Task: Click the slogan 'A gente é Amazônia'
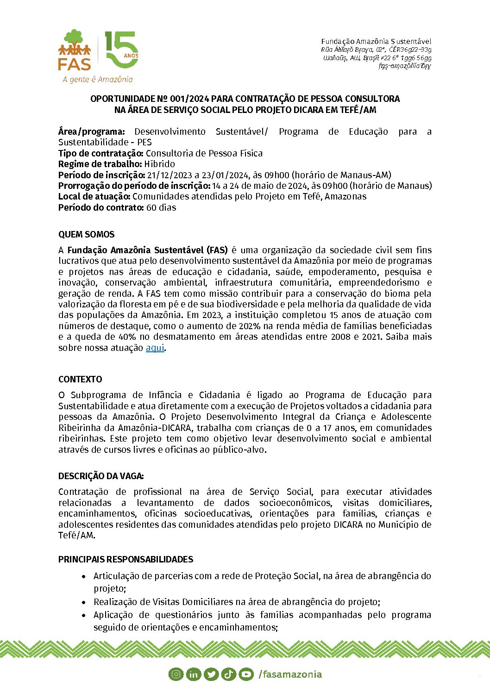click(x=98, y=79)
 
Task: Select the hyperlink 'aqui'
click(x=155, y=348)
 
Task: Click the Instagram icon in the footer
click(x=176, y=674)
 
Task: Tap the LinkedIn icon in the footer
click(x=193, y=674)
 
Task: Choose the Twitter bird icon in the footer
click(x=211, y=674)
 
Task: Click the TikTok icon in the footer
click(x=228, y=674)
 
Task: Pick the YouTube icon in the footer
click(x=246, y=674)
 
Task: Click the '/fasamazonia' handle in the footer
click(x=290, y=674)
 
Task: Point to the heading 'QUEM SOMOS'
click(x=86, y=234)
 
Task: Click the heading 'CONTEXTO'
click(x=80, y=379)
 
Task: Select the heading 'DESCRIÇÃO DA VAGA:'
click(x=101, y=476)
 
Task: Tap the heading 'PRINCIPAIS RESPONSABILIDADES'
click(x=126, y=559)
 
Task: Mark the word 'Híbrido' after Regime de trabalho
click(x=159, y=164)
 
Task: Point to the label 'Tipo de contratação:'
click(x=101, y=153)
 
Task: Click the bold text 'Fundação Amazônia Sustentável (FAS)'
click(x=147, y=250)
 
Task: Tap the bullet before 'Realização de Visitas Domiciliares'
click(x=84, y=602)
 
